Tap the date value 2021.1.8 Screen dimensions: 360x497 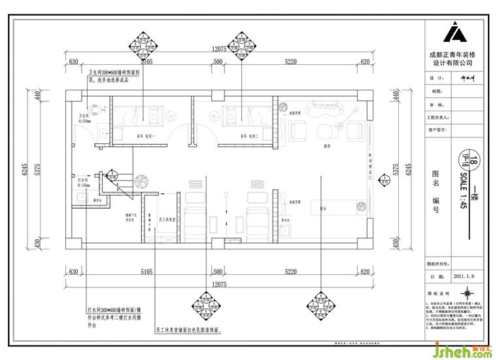click(x=464, y=277)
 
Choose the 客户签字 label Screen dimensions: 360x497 click(x=437, y=130)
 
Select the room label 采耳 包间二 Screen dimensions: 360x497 click(x=249, y=136)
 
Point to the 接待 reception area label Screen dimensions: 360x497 click(x=326, y=147)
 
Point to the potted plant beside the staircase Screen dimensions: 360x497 click(x=139, y=181)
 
